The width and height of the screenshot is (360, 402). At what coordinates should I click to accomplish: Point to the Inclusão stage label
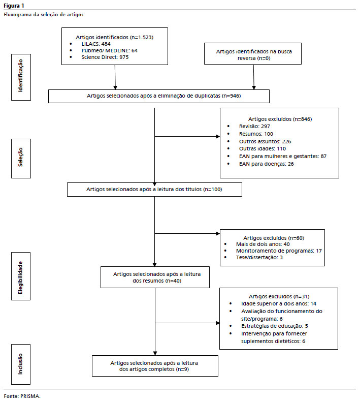pyautogui.click(x=21, y=364)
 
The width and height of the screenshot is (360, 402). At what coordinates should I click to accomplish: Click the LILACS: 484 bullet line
pyautogui.click(x=96, y=44)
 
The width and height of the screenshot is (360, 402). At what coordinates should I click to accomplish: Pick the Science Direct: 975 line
pyautogui.click(x=105, y=57)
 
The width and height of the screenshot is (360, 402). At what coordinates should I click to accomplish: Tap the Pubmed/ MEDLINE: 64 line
pyautogui.click(x=109, y=50)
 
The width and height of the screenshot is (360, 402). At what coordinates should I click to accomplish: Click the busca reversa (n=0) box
pyautogui.click(x=253, y=53)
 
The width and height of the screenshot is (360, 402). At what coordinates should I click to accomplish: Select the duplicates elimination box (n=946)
pyautogui.click(x=159, y=96)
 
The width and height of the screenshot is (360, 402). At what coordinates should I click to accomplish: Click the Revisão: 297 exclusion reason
pyautogui.click(x=254, y=126)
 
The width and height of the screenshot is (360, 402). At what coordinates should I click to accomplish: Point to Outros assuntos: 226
pyautogui.click(x=265, y=141)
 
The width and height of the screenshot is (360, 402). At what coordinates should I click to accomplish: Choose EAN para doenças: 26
pyautogui.click(x=266, y=164)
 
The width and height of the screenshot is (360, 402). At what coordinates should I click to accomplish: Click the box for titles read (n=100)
pyautogui.click(x=154, y=190)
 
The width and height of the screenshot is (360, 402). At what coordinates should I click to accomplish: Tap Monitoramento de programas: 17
pyautogui.click(x=279, y=251)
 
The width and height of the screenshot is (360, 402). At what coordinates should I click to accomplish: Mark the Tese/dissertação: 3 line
pyautogui.click(x=259, y=257)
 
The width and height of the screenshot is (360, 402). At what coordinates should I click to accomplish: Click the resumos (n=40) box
pyautogui.click(x=155, y=277)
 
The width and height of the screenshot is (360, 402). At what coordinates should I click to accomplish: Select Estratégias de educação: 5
pyautogui.click(x=274, y=326)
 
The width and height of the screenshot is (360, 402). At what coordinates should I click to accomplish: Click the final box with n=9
pyautogui.click(x=155, y=366)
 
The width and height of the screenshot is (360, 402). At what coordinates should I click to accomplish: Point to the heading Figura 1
pyautogui.click(x=14, y=6)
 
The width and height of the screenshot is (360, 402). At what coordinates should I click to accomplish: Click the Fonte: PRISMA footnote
pyautogui.click(x=22, y=396)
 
